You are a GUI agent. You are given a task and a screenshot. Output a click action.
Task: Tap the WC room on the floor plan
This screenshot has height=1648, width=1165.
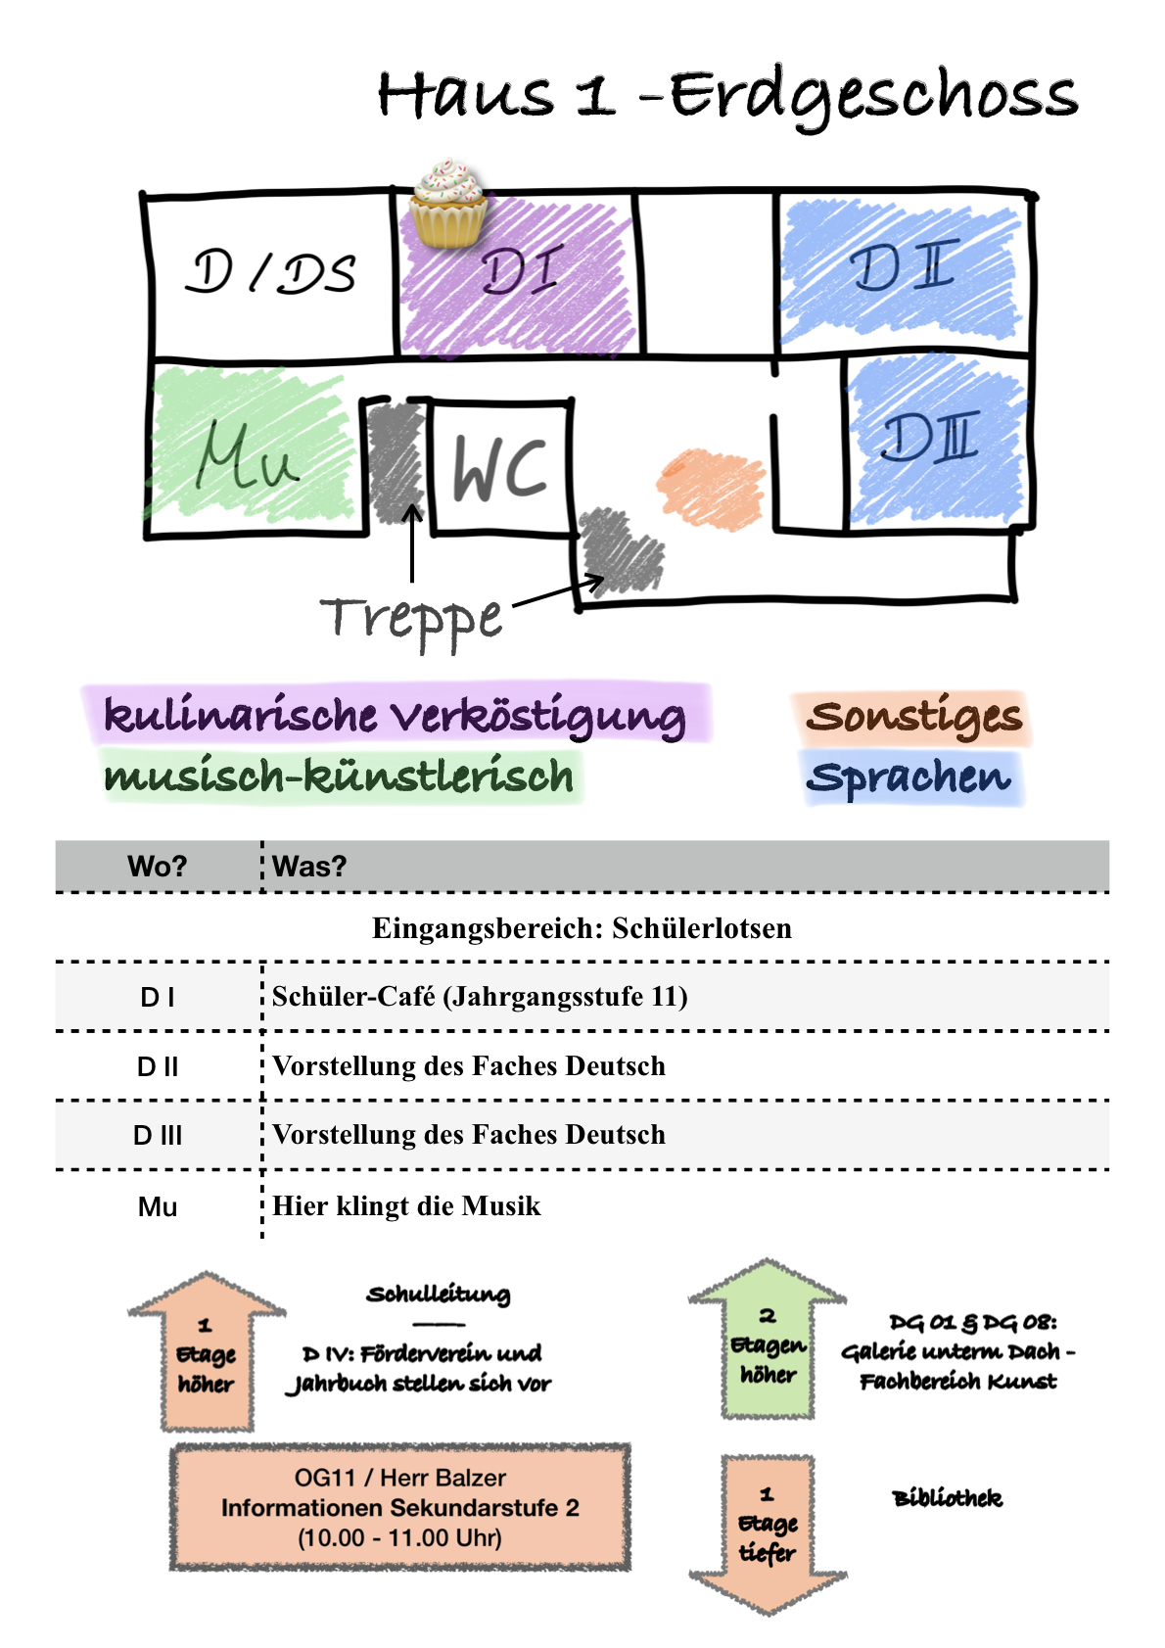pyautogui.click(x=500, y=468)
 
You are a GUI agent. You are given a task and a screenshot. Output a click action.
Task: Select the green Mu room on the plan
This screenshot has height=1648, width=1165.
pyautogui.click(x=250, y=453)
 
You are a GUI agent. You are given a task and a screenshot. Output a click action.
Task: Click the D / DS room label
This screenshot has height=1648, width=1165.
pyautogui.click(x=271, y=272)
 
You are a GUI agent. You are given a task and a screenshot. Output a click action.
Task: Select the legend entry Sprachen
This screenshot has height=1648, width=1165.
pyautogui.click(x=909, y=777)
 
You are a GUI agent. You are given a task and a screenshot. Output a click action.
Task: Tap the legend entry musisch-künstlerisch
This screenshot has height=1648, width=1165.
pyautogui.click(x=339, y=777)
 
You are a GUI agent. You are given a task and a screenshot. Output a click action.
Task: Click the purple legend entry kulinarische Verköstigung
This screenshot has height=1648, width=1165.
pyautogui.click(x=395, y=716)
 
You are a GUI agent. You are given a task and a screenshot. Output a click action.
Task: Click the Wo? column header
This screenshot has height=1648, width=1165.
pyautogui.click(x=157, y=867)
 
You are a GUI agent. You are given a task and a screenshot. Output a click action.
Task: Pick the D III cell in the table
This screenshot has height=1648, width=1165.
pyautogui.click(x=157, y=1136)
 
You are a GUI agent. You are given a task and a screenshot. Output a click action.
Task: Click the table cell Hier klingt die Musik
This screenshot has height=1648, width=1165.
pyautogui.click(x=406, y=1205)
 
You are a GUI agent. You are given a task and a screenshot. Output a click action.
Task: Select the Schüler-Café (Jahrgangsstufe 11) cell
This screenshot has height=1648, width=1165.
pyautogui.click(x=480, y=997)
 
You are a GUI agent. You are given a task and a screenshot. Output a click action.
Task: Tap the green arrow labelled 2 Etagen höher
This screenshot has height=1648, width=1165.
pyautogui.click(x=768, y=1342)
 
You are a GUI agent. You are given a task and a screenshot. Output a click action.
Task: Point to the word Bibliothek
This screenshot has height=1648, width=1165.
pyautogui.click(x=947, y=1498)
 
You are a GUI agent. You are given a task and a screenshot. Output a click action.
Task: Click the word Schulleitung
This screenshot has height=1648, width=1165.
pyautogui.click(x=438, y=1295)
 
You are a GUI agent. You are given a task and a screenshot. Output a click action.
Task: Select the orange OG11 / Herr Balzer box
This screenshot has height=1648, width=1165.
pyautogui.click(x=399, y=1507)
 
